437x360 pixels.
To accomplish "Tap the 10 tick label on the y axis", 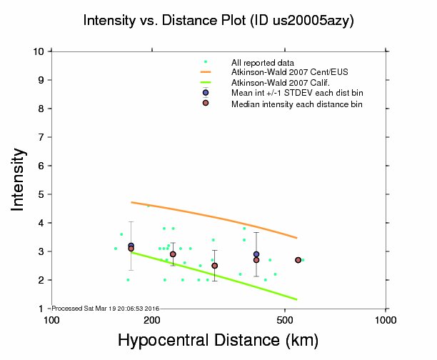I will [40, 51].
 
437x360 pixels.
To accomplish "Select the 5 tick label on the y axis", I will [43, 194].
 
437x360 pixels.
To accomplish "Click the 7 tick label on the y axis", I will [43, 137].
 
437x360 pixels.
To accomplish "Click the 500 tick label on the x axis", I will [285, 319].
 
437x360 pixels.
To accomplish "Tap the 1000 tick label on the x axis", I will [386, 319].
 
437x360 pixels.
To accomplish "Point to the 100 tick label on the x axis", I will [51, 319].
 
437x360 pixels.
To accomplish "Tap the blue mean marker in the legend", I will [206, 93].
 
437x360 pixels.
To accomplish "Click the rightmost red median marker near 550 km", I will [298, 260].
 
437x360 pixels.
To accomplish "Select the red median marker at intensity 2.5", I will [215, 266].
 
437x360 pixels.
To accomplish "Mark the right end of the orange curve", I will [296, 238].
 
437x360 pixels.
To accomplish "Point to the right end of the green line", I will [296, 299].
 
